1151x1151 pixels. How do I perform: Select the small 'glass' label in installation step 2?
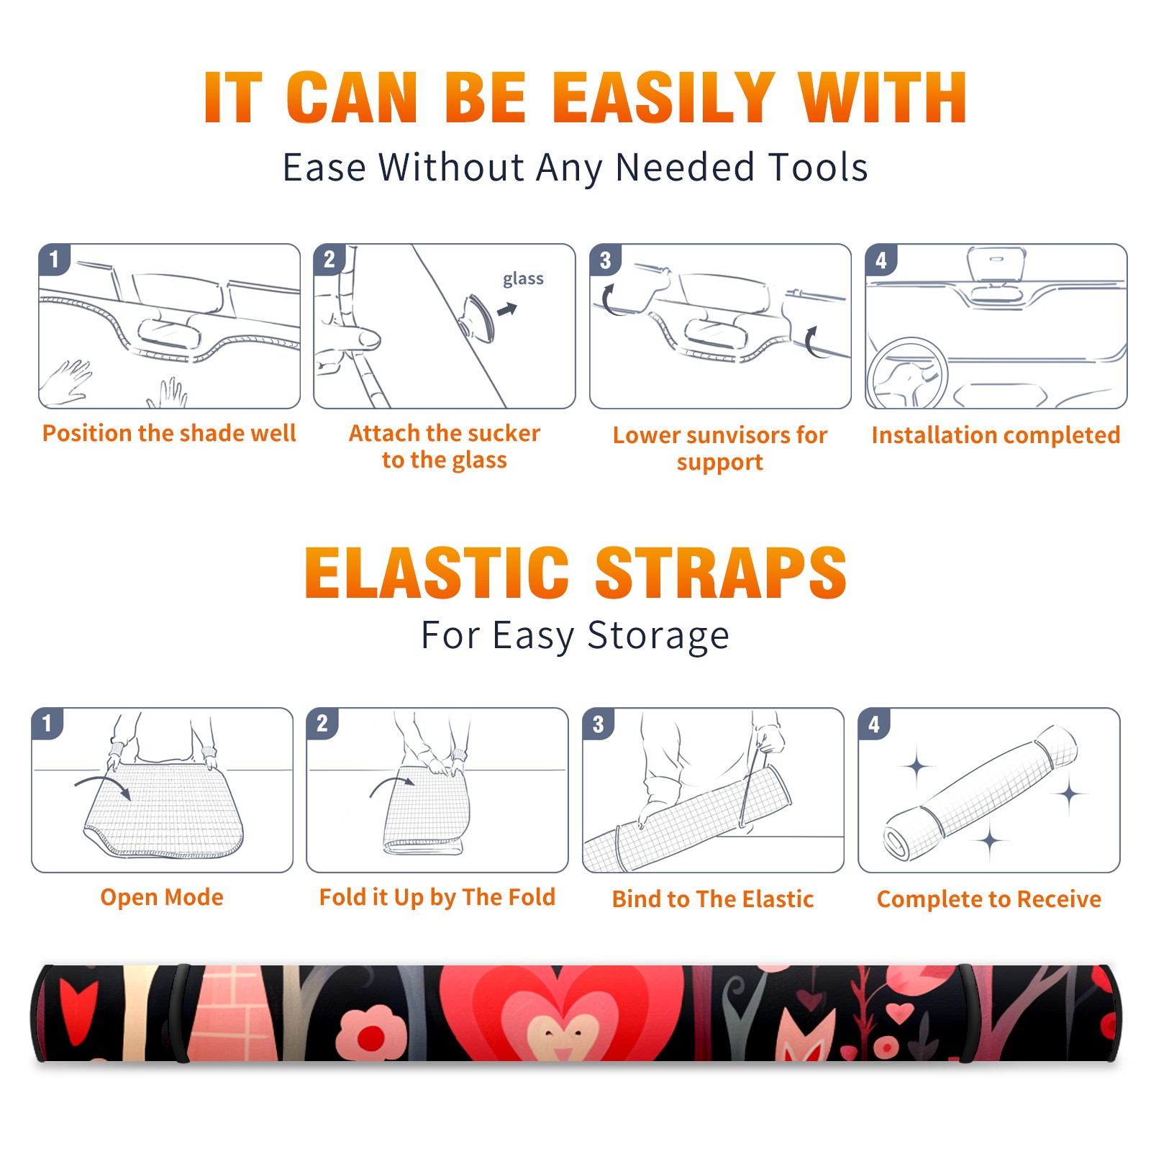pos(523,278)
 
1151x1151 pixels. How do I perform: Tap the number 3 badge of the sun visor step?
pos(605,260)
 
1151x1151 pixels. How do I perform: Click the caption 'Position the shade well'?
pos(169,433)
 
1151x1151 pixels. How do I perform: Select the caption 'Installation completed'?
pos(996,435)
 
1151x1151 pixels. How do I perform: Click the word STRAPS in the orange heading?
pos(721,573)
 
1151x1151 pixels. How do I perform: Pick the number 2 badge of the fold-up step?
pos(322,723)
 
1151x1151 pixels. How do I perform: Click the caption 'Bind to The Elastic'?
pos(712,899)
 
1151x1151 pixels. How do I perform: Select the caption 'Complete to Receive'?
pos(989,899)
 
